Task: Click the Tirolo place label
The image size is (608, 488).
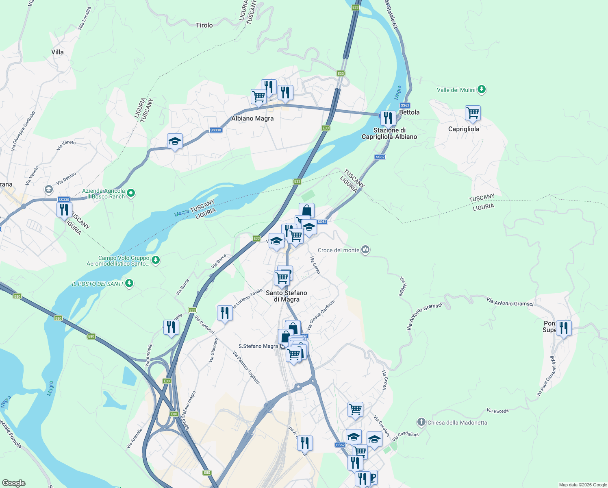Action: [204, 25]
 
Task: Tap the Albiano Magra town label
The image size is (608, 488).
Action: [252, 119]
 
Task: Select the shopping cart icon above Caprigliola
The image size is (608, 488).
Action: [473, 113]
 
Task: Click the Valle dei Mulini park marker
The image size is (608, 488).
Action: [482, 89]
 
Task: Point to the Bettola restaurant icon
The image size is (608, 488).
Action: [388, 118]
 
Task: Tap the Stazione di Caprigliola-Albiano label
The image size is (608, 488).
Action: [389, 133]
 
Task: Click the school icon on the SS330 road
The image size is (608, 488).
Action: [175, 142]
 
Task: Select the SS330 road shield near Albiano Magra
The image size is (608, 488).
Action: [216, 130]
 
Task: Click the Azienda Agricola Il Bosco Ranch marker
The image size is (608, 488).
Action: [131, 193]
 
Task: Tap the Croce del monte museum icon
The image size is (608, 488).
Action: [365, 250]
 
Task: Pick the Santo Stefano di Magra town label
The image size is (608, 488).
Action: [287, 296]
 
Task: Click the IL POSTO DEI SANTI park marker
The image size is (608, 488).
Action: [129, 283]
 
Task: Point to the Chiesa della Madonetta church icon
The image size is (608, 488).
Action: [421, 422]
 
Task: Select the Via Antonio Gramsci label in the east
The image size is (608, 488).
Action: [510, 301]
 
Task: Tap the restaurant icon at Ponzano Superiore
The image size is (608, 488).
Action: [563, 327]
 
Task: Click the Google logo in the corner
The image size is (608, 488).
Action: [14, 483]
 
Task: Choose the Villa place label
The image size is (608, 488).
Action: [57, 52]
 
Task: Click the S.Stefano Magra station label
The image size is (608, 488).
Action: [258, 346]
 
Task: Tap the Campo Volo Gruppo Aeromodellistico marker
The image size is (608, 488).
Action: [155, 259]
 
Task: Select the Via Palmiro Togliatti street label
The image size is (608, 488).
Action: [246, 368]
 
